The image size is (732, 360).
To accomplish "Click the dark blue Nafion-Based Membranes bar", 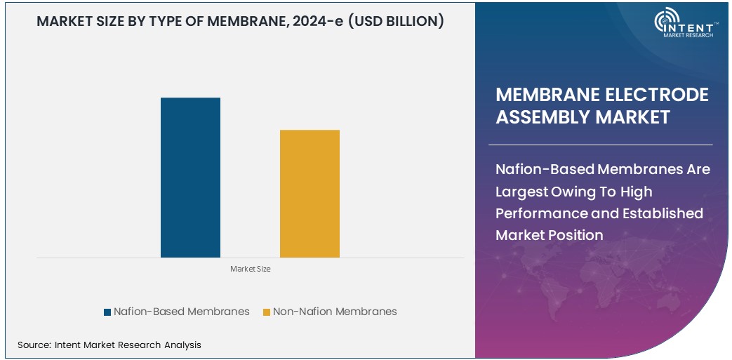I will [190, 178].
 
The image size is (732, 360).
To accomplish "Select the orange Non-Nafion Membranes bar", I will [310, 194].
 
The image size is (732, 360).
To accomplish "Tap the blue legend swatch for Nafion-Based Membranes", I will [107, 312].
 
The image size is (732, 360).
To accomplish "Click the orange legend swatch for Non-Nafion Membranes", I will [266, 312].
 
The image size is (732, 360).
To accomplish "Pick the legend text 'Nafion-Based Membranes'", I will [181, 312].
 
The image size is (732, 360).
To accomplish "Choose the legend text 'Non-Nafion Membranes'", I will [335, 312].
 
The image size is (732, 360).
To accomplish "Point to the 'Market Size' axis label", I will [251, 269].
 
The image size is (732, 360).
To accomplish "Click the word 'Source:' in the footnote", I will [34, 345].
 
